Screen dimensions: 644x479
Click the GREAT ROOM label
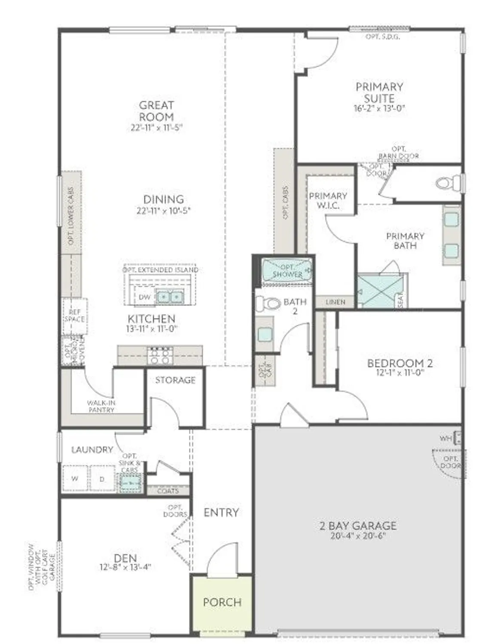(156, 111)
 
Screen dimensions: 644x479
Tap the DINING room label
(163, 199)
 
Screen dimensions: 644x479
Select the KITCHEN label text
(152, 319)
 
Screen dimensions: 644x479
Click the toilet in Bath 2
(268, 304)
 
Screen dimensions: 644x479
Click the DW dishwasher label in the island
(144, 297)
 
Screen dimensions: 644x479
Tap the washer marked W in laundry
(75, 478)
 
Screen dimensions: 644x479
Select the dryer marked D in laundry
(102, 478)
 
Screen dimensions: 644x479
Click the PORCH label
(222, 602)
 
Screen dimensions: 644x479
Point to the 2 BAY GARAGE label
(358, 526)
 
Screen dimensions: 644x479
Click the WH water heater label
(445, 438)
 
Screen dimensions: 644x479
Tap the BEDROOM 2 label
(400, 363)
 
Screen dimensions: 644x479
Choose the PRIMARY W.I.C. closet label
(328, 200)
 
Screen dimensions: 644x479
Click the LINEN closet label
(335, 302)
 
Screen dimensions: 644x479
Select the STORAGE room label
(175, 380)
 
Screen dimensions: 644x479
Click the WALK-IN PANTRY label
(101, 406)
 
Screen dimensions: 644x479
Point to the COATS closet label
(168, 490)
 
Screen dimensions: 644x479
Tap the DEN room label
(125, 558)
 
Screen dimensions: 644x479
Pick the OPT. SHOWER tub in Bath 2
(287, 270)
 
